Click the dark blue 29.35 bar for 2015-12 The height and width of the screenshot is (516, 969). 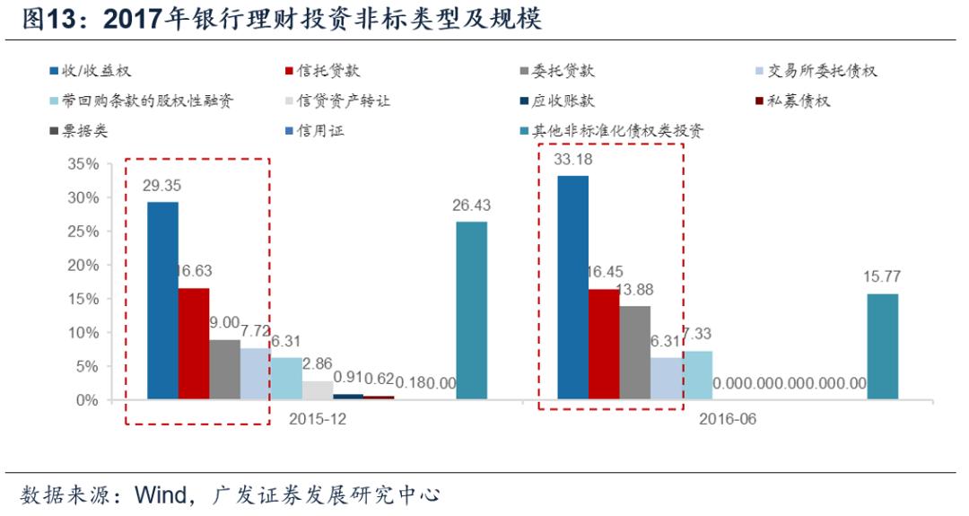(x=162, y=301)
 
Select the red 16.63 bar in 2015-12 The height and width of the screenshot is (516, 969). (x=194, y=344)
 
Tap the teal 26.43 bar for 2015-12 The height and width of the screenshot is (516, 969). (x=471, y=310)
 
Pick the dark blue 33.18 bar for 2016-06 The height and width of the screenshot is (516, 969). (x=573, y=287)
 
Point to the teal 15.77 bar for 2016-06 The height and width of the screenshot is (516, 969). (x=882, y=346)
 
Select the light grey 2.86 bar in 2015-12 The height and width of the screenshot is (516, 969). (x=317, y=390)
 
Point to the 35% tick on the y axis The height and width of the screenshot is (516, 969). (x=80, y=164)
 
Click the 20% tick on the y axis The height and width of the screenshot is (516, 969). (x=80, y=266)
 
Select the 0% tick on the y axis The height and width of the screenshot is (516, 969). (x=83, y=400)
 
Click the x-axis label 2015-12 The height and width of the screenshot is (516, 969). (x=317, y=419)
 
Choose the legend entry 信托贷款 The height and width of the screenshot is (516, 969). (x=328, y=71)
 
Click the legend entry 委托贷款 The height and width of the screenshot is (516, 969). (x=562, y=71)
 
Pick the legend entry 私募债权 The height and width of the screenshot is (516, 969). (x=799, y=101)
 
